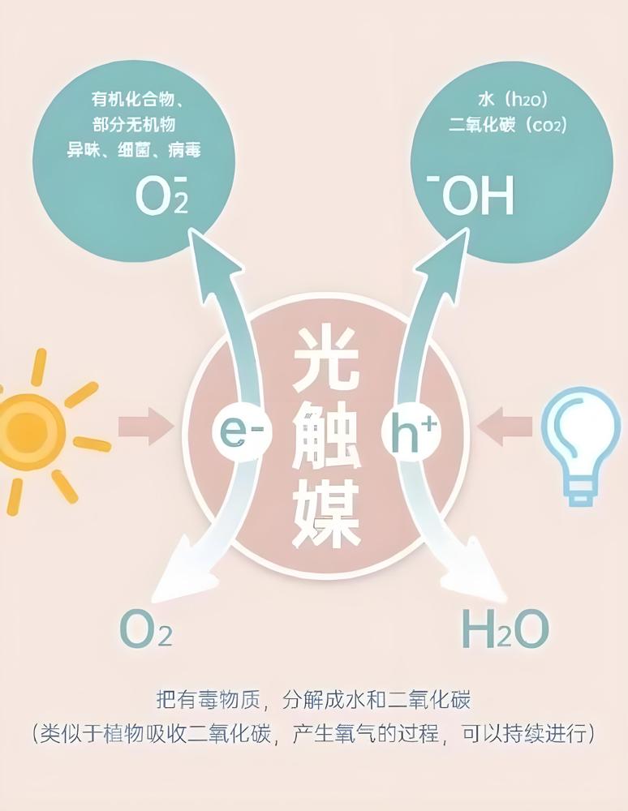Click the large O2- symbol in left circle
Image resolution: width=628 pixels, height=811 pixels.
161,195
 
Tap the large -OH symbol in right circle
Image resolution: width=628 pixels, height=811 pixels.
470,195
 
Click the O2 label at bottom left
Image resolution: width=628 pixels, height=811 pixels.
145,629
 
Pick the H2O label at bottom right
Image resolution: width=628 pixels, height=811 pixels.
505,629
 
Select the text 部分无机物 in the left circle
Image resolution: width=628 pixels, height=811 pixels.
134,124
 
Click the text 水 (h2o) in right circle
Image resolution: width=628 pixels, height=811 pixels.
512,99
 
